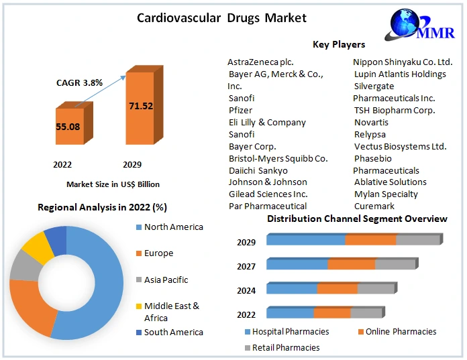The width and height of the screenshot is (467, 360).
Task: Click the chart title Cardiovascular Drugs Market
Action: point(221,18)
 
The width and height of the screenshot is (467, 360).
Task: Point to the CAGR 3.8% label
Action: point(79,82)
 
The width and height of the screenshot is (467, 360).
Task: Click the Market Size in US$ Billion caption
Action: point(113,184)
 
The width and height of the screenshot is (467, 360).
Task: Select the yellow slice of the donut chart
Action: point(38,247)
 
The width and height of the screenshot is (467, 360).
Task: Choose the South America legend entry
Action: point(173,332)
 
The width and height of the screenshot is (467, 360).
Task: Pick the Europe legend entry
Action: point(158,253)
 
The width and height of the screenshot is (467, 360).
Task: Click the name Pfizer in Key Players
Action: point(241,110)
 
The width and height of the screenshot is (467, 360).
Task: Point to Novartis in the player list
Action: point(371,122)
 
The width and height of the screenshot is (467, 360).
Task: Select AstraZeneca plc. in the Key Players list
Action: point(260,62)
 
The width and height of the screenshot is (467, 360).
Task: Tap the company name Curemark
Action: point(374,206)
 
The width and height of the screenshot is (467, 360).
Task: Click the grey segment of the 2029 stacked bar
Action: point(417,240)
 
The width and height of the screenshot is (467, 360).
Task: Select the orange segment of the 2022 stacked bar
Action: point(332,313)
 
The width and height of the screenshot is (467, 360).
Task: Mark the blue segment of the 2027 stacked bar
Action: point(297,264)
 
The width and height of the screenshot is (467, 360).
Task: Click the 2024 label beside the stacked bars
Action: point(246,291)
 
